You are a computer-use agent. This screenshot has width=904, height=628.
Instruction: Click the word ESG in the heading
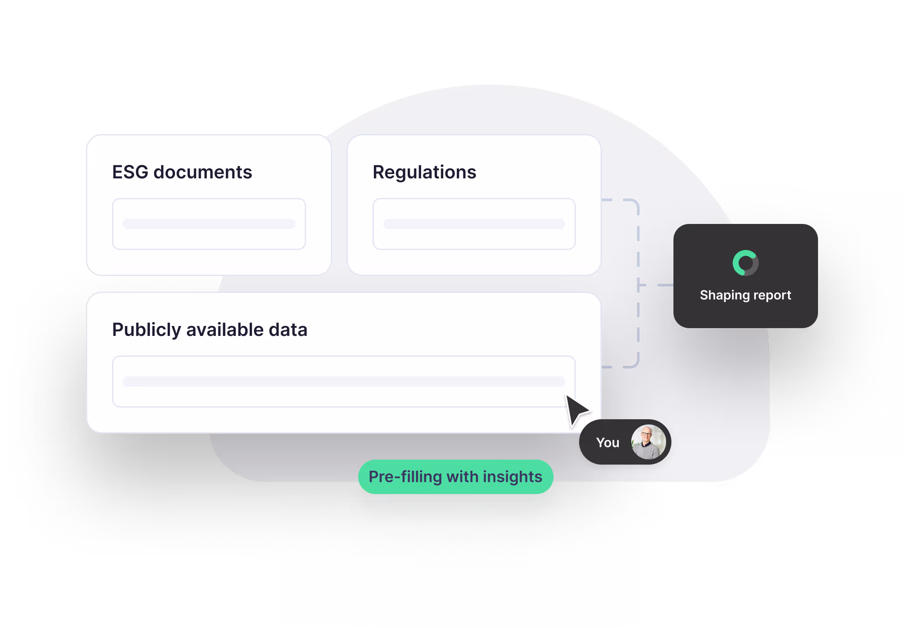tap(130, 172)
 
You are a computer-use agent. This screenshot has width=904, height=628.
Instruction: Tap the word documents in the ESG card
tap(203, 172)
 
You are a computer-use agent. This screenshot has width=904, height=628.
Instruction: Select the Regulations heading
tap(424, 172)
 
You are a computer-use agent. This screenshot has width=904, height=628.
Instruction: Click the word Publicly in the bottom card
tap(146, 330)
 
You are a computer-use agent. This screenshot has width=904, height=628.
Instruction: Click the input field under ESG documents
tap(209, 224)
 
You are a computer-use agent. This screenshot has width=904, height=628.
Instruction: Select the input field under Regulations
tap(474, 224)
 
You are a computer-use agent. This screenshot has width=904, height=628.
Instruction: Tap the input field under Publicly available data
tap(343, 381)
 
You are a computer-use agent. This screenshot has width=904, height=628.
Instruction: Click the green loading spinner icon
tap(746, 263)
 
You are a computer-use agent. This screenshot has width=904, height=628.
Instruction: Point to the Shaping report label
tap(746, 295)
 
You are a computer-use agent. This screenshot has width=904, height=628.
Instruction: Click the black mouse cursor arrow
tap(576, 409)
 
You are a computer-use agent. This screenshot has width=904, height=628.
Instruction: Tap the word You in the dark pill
tap(607, 443)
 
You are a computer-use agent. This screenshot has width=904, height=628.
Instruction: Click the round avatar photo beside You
tap(648, 442)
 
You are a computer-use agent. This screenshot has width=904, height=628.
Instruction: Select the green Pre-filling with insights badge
tap(455, 477)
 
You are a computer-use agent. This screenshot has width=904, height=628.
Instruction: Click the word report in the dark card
tap(772, 295)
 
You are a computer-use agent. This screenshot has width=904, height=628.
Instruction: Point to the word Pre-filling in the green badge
tap(405, 477)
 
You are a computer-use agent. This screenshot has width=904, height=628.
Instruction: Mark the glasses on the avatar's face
tap(647, 434)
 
